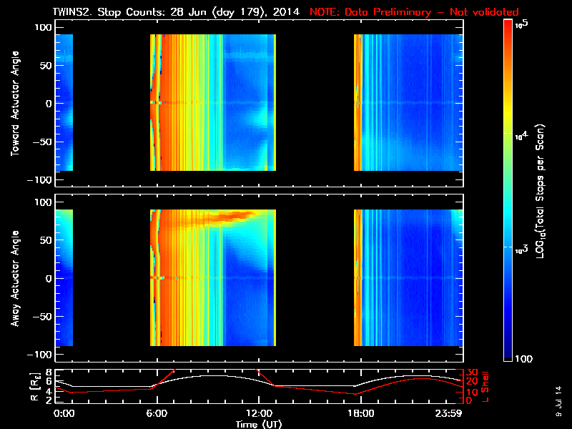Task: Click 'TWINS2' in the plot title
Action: coord(72,12)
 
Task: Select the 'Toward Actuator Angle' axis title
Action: coord(14,104)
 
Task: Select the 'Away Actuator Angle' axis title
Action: coord(14,279)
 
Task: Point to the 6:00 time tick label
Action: coord(156,413)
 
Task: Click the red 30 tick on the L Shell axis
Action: coord(472,372)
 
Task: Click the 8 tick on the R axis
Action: coord(48,372)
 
